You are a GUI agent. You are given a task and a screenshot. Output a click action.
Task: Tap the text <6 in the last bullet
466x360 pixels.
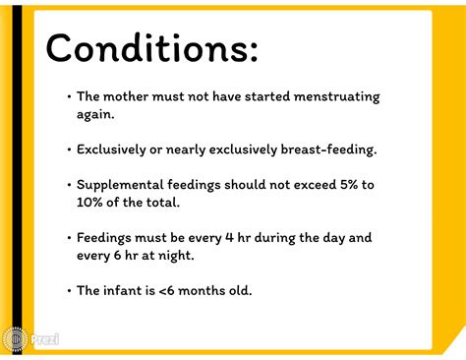[167, 290]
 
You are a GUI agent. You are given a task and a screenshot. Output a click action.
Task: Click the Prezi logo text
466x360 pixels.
[44, 339]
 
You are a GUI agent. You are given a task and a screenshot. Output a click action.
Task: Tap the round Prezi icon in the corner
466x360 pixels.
[15, 339]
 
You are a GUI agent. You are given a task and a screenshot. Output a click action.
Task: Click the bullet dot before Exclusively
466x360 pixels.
[69, 150]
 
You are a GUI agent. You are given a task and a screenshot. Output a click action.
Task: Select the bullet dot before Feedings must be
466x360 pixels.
[69, 237]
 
